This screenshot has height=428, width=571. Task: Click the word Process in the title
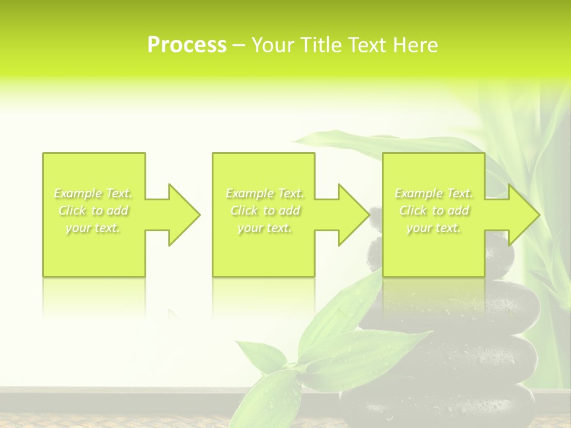pos(187,45)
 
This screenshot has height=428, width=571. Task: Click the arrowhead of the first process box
pos(178,215)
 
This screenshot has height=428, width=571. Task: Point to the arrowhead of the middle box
pos(349,215)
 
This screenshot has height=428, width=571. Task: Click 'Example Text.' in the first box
pos(93,193)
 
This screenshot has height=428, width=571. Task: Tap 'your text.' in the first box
pos(93,228)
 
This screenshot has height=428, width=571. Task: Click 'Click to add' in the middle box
pos(265,210)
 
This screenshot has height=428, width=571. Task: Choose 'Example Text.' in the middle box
pos(265,193)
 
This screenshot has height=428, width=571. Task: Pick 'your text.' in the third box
pos(434,228)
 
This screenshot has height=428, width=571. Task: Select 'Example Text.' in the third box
pos(434,193)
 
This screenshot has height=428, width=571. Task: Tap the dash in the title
pos(239,45)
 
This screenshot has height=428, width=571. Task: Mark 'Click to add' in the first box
pos(93,210)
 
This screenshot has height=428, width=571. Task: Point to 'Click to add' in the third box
pos(434,210)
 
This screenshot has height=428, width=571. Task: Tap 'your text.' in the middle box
pos(265,228)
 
